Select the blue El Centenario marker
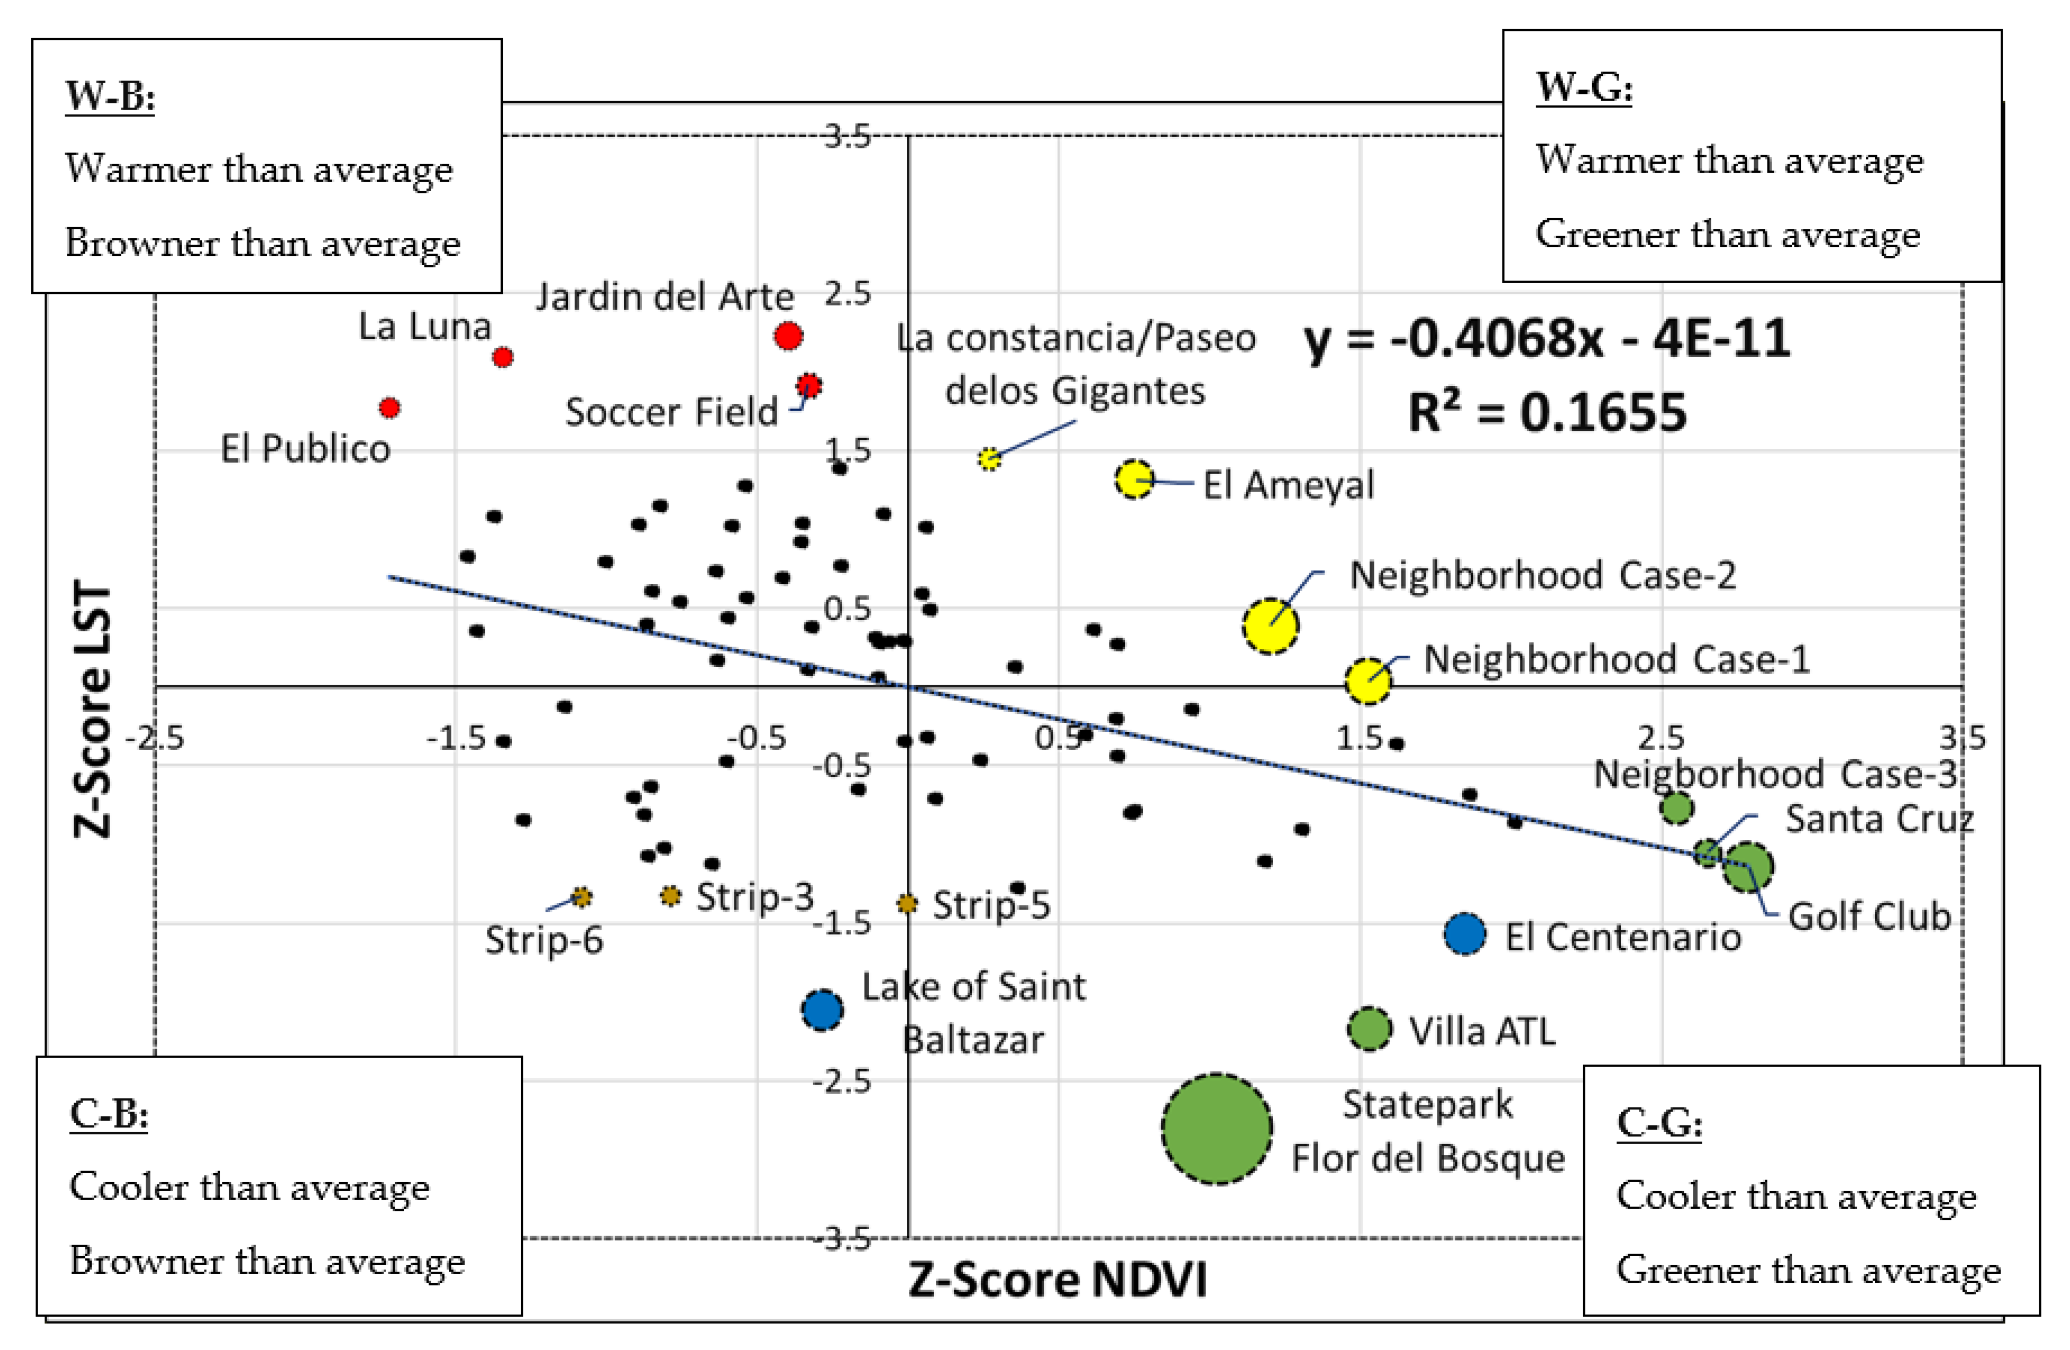coord(1464,934)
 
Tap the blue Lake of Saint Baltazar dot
coord(822,1010)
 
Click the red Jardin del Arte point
coord(788,336)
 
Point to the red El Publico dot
coord(389,407)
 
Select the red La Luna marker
coord(502,357)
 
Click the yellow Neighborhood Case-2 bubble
coord(1271,625)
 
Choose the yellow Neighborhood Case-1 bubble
coord(1367,680)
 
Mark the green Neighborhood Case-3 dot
coord(1676,808)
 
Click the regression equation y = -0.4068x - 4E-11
coord(1547,339)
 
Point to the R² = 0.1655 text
coord(1547,412)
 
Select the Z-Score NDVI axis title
coord(1058,1280)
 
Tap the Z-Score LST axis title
coord(93,709)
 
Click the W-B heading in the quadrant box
coord(110,96)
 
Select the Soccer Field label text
coord(671,412)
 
